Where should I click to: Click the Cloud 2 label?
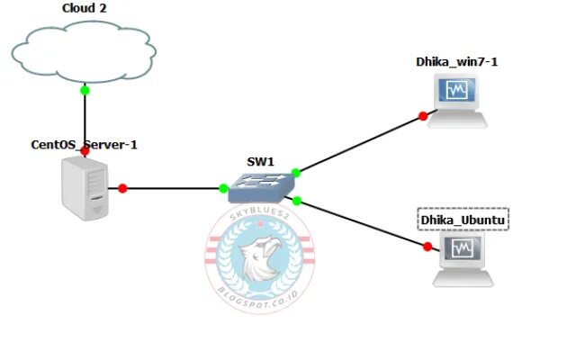point(85,8)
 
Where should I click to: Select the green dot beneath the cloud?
point(85,89)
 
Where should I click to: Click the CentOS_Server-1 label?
point(85,143)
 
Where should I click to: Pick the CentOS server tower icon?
point(82,188)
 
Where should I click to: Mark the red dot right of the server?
point(123,188)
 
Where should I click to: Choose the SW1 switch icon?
point(259,187)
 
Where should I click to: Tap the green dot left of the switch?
point(223,188)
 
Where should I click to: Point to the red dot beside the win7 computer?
point(423,115)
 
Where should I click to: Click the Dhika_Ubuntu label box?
point(463,220)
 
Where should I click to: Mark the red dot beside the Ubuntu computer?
point(427,245)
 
